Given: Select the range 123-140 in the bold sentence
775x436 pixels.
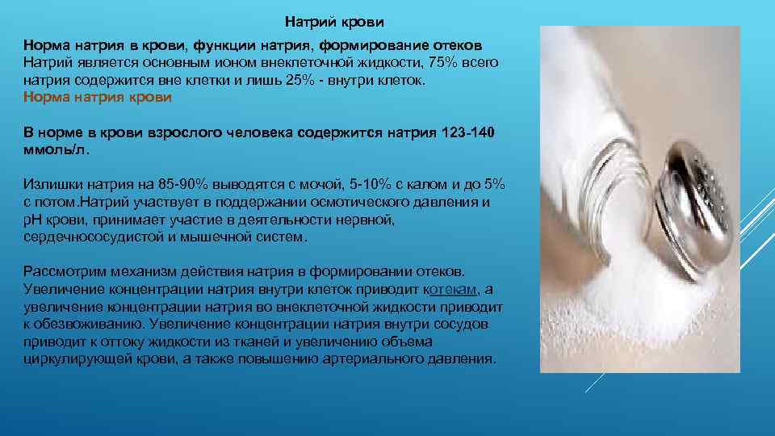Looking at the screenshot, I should [x=471, y=132].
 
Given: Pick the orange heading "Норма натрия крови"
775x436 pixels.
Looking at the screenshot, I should [x=97, y=98].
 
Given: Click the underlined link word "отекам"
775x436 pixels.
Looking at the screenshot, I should [x=455, y=289].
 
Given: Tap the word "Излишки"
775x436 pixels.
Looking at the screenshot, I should [x=48, y=182].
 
